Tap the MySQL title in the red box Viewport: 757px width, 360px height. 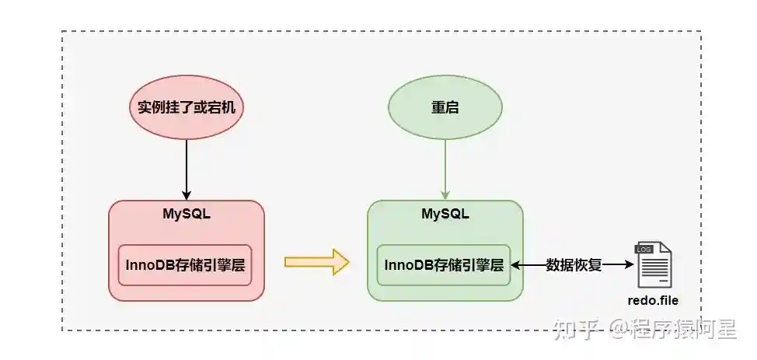tap(186, 213)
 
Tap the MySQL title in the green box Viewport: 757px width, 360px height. tap(445, 213)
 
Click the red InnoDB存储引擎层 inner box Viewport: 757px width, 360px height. tap(185, 264)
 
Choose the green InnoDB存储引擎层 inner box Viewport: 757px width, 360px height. tap(444, 264)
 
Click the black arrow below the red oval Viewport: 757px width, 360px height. tap(186, 167)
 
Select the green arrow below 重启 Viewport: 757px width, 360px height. tap(445, 167)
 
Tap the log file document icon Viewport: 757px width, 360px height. tap(653, 264)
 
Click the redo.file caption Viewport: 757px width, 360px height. tap(653, 299)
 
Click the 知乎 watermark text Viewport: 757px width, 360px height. tap(576, 330)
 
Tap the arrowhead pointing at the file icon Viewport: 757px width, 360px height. tap(629, 264)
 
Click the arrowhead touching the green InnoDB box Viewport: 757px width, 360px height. tap(515, 264)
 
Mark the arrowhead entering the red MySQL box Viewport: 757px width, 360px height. tap(186, 195)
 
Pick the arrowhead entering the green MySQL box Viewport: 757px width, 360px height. tap(445, 195)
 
